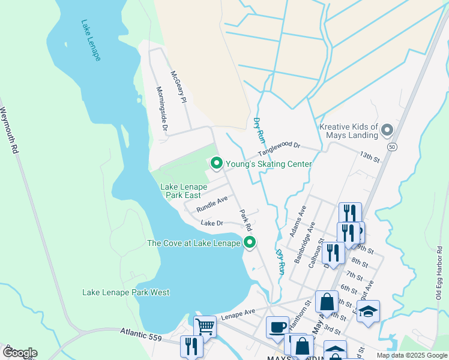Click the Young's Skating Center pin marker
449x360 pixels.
click(x=215, y=163)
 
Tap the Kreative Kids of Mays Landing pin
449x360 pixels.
click(x=387, y=130)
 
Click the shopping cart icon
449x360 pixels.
click(x=205, y=326)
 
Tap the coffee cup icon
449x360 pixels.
click(x=277, y=327)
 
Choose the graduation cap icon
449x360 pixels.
click(x=368, y=311)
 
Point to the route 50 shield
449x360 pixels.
click(x=392, y=147)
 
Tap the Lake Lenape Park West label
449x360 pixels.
click(x=125, y=292)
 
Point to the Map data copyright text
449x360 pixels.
click(x=412, y=355)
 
